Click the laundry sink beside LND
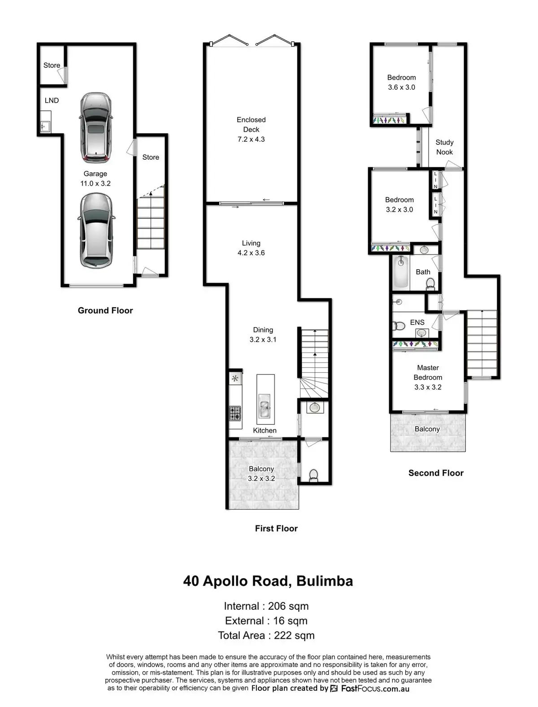click(45, 126)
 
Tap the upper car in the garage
click(95, 127)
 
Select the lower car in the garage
click(96, 231)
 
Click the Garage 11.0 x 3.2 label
click(95, 179)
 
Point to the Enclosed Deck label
click(251, 129)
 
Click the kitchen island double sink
click(265, 406)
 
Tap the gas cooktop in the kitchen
click(235, 413)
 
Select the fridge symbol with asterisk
click(235, 379)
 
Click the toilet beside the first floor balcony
click(313, 475)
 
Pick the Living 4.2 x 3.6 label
click(251, 248)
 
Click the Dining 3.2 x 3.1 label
click(263, 335)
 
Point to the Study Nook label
click(444, 147)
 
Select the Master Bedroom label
click(428, 377)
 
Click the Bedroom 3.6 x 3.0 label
click(401, 83)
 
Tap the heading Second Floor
click(436, 473)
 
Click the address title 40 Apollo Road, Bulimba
click(268, 581)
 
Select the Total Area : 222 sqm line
click(266, 635)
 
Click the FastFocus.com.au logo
click(370, 688)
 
